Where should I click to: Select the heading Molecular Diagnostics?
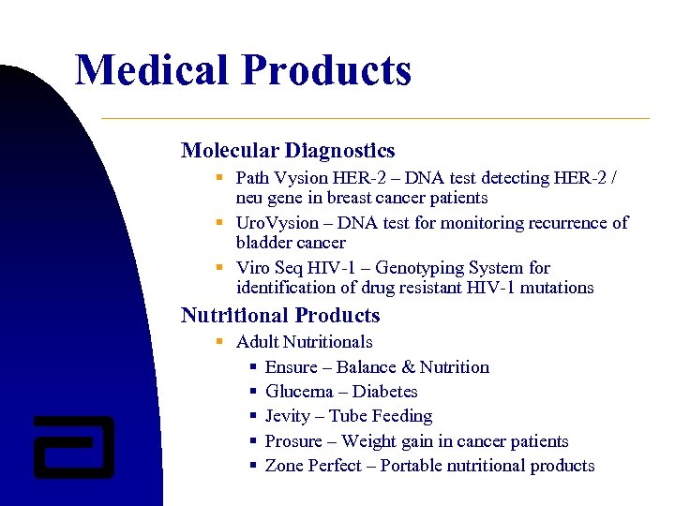click(x=288, y=150)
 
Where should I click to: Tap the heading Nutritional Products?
click(x=280, y=315)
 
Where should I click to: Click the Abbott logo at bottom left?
click(x=73, y=446)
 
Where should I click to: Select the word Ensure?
click(x=291, y=367)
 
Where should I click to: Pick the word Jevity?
click(x=289, y=416)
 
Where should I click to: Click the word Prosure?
click(x=292, y=441)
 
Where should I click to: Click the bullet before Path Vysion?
click(x=218, y=177)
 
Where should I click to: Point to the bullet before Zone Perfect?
click(x=253, y=466)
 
